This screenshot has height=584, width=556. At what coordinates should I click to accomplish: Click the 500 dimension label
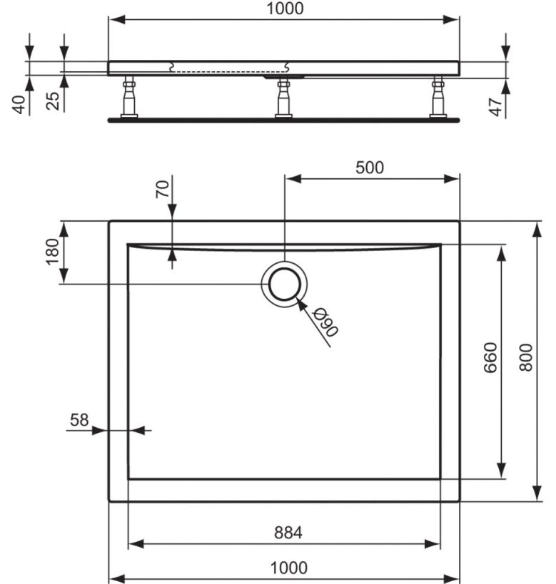pos(369,168)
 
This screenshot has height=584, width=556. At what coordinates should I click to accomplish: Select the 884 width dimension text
pos(288,533)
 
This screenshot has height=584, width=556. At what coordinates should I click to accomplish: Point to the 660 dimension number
pos(490,357)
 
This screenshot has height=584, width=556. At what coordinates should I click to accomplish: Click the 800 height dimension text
pos(526,357)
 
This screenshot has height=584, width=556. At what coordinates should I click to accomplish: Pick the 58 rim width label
pos(79,420)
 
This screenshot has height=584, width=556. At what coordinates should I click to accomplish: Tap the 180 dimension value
pos(52,252)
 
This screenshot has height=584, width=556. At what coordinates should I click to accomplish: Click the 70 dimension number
pos(163,189)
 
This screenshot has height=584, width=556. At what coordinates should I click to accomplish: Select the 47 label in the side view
pos(496,107)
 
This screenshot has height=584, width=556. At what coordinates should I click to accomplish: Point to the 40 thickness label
pos(19,105)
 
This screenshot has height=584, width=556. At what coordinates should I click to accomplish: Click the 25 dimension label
pos(53,101)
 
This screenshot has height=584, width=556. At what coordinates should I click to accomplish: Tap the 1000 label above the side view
pos(285,8)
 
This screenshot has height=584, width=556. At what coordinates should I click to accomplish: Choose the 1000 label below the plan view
pos(288,568)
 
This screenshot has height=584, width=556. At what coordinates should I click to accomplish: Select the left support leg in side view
pos(129,97)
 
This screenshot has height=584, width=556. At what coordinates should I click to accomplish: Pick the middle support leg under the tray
pos(284,98)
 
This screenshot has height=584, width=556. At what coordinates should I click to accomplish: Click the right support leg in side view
pos(438,98)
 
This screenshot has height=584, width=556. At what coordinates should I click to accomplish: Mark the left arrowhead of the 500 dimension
pos(293,179)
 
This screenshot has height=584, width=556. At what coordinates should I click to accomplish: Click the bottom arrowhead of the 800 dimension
pos(537,493)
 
